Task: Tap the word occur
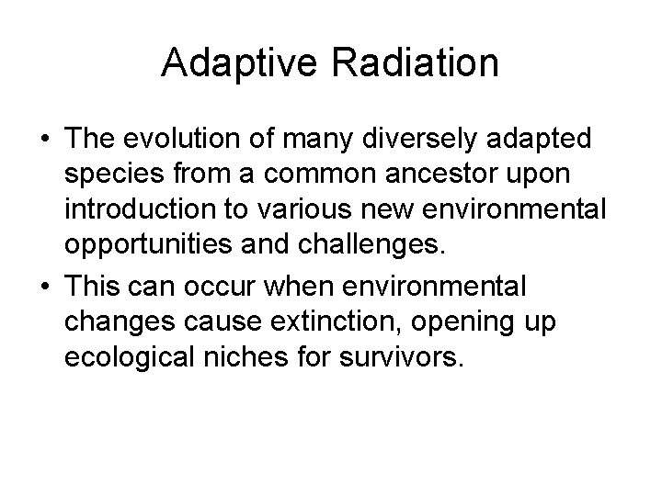click(229, 287)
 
